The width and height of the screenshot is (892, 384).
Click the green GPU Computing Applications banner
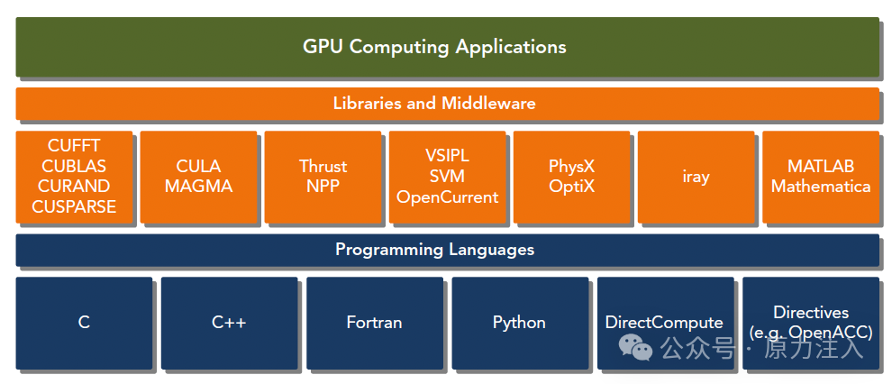point(447,47)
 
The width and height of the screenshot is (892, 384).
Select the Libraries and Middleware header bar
point(447,104)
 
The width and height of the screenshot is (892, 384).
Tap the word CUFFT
point(74,146)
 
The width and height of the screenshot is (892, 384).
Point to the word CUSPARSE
point(74,206)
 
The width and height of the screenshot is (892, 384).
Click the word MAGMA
point(198,186)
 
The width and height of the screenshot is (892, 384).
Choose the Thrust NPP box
point(323,177)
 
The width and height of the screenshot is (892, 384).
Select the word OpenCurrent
point(447,197)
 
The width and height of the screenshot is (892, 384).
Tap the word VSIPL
point(447,155)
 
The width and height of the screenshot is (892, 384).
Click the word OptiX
point(572,186)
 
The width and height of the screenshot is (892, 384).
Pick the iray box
point(696,177)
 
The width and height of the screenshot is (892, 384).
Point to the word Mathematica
point(820,186)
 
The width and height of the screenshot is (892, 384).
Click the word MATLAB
point(820,166)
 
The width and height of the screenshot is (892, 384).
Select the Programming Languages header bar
point(447,250)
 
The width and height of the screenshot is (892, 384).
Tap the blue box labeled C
point(84,323)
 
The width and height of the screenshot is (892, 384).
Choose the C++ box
point(229,323)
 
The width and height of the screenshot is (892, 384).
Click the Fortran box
point(374,323)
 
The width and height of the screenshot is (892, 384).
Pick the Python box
point(520,323)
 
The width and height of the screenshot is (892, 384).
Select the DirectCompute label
point(664,323)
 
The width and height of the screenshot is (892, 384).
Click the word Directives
point(811,312)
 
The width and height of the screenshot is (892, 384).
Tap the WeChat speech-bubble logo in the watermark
point(635,347)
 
